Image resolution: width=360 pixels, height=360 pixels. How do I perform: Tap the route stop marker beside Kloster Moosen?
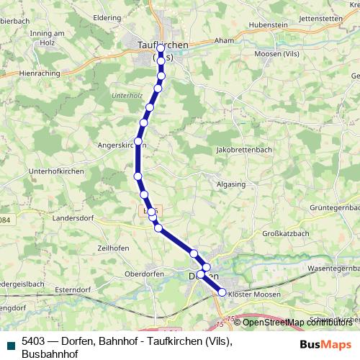(x=222, y=292)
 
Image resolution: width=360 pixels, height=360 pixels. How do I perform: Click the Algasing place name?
(x=230, y=184)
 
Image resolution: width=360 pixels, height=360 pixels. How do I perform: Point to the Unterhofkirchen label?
(x=55, y=171)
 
